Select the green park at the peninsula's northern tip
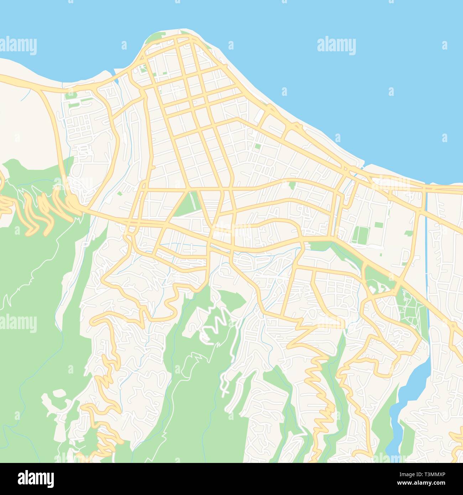pyautogui.click(x=157, y=38)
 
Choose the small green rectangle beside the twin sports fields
pyautogui.click(x=378, y=225)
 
